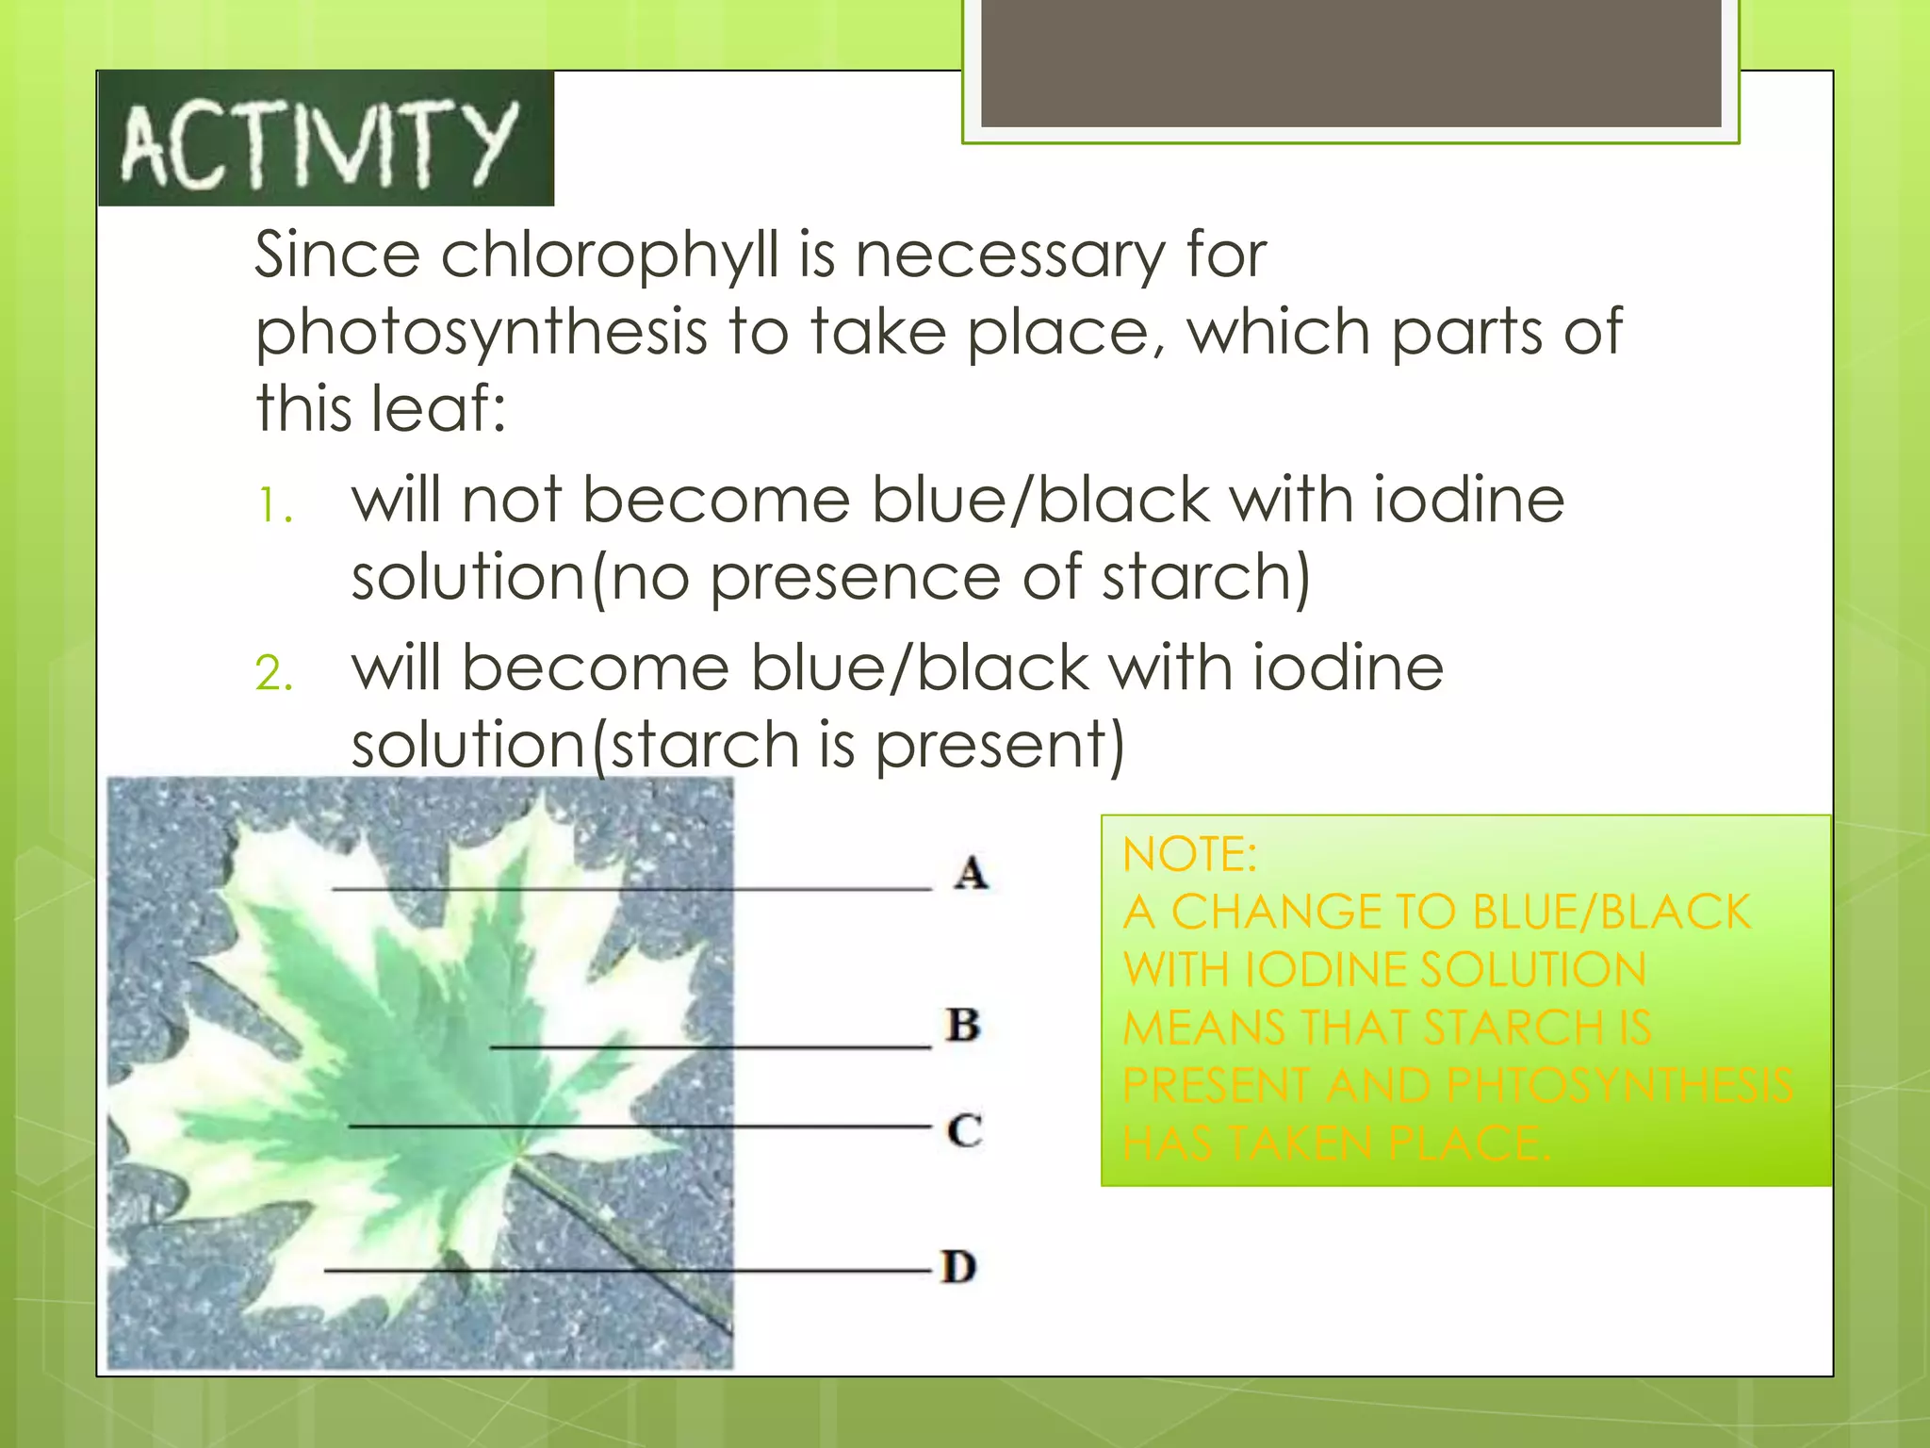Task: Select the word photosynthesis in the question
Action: [482, 334]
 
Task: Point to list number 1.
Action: [274, 506]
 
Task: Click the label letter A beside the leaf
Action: [971, 873]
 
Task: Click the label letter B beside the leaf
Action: [963, 1025]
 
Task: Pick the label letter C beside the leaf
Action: [964, 1129]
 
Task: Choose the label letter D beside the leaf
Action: [959, 1267]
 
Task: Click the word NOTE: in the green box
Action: [1189, 855]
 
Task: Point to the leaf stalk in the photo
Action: [622, 1244]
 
